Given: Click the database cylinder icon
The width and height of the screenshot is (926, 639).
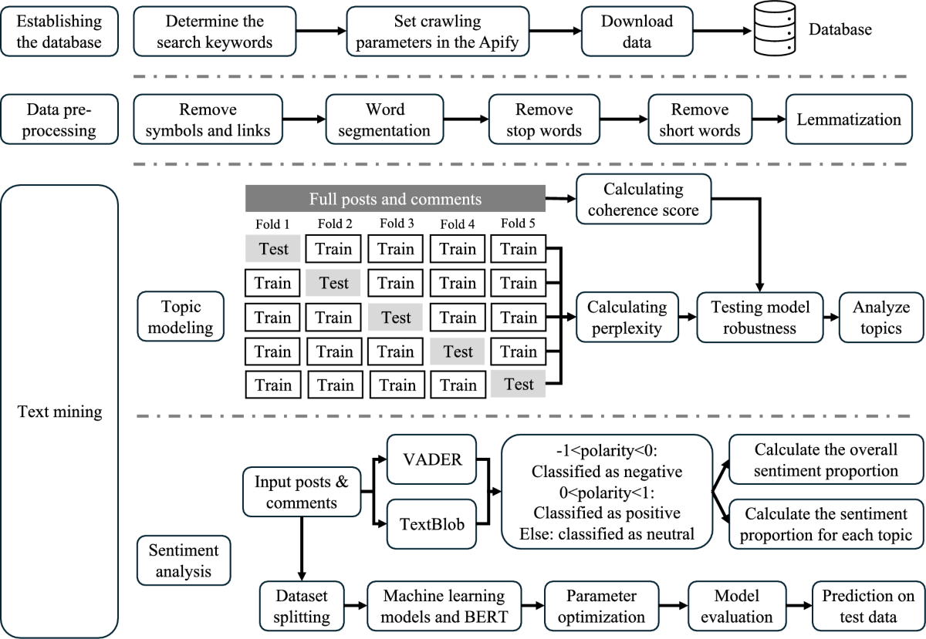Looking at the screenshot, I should (x=775, y=32).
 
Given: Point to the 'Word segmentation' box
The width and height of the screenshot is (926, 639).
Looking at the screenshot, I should (x=384, y=119).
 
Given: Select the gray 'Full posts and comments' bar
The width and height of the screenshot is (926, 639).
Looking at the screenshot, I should (x=395, y=199).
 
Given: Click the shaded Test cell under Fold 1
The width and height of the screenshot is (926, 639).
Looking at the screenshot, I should (x=272, y=249).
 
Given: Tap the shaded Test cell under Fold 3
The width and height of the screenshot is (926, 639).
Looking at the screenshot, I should (x=396, y=318).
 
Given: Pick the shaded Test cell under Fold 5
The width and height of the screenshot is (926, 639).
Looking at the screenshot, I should (x=518, y=384).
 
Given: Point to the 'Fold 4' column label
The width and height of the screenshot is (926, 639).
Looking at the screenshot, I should (x=458, y=224).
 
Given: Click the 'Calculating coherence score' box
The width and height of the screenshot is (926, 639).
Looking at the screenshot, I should (x=643, y=199).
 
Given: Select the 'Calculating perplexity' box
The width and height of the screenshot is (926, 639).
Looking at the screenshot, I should (x=627, y=318).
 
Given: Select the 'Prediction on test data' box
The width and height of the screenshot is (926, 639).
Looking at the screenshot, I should (x=867, y=607).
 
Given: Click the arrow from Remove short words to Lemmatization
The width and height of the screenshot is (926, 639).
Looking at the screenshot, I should (x=769, y=119).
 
